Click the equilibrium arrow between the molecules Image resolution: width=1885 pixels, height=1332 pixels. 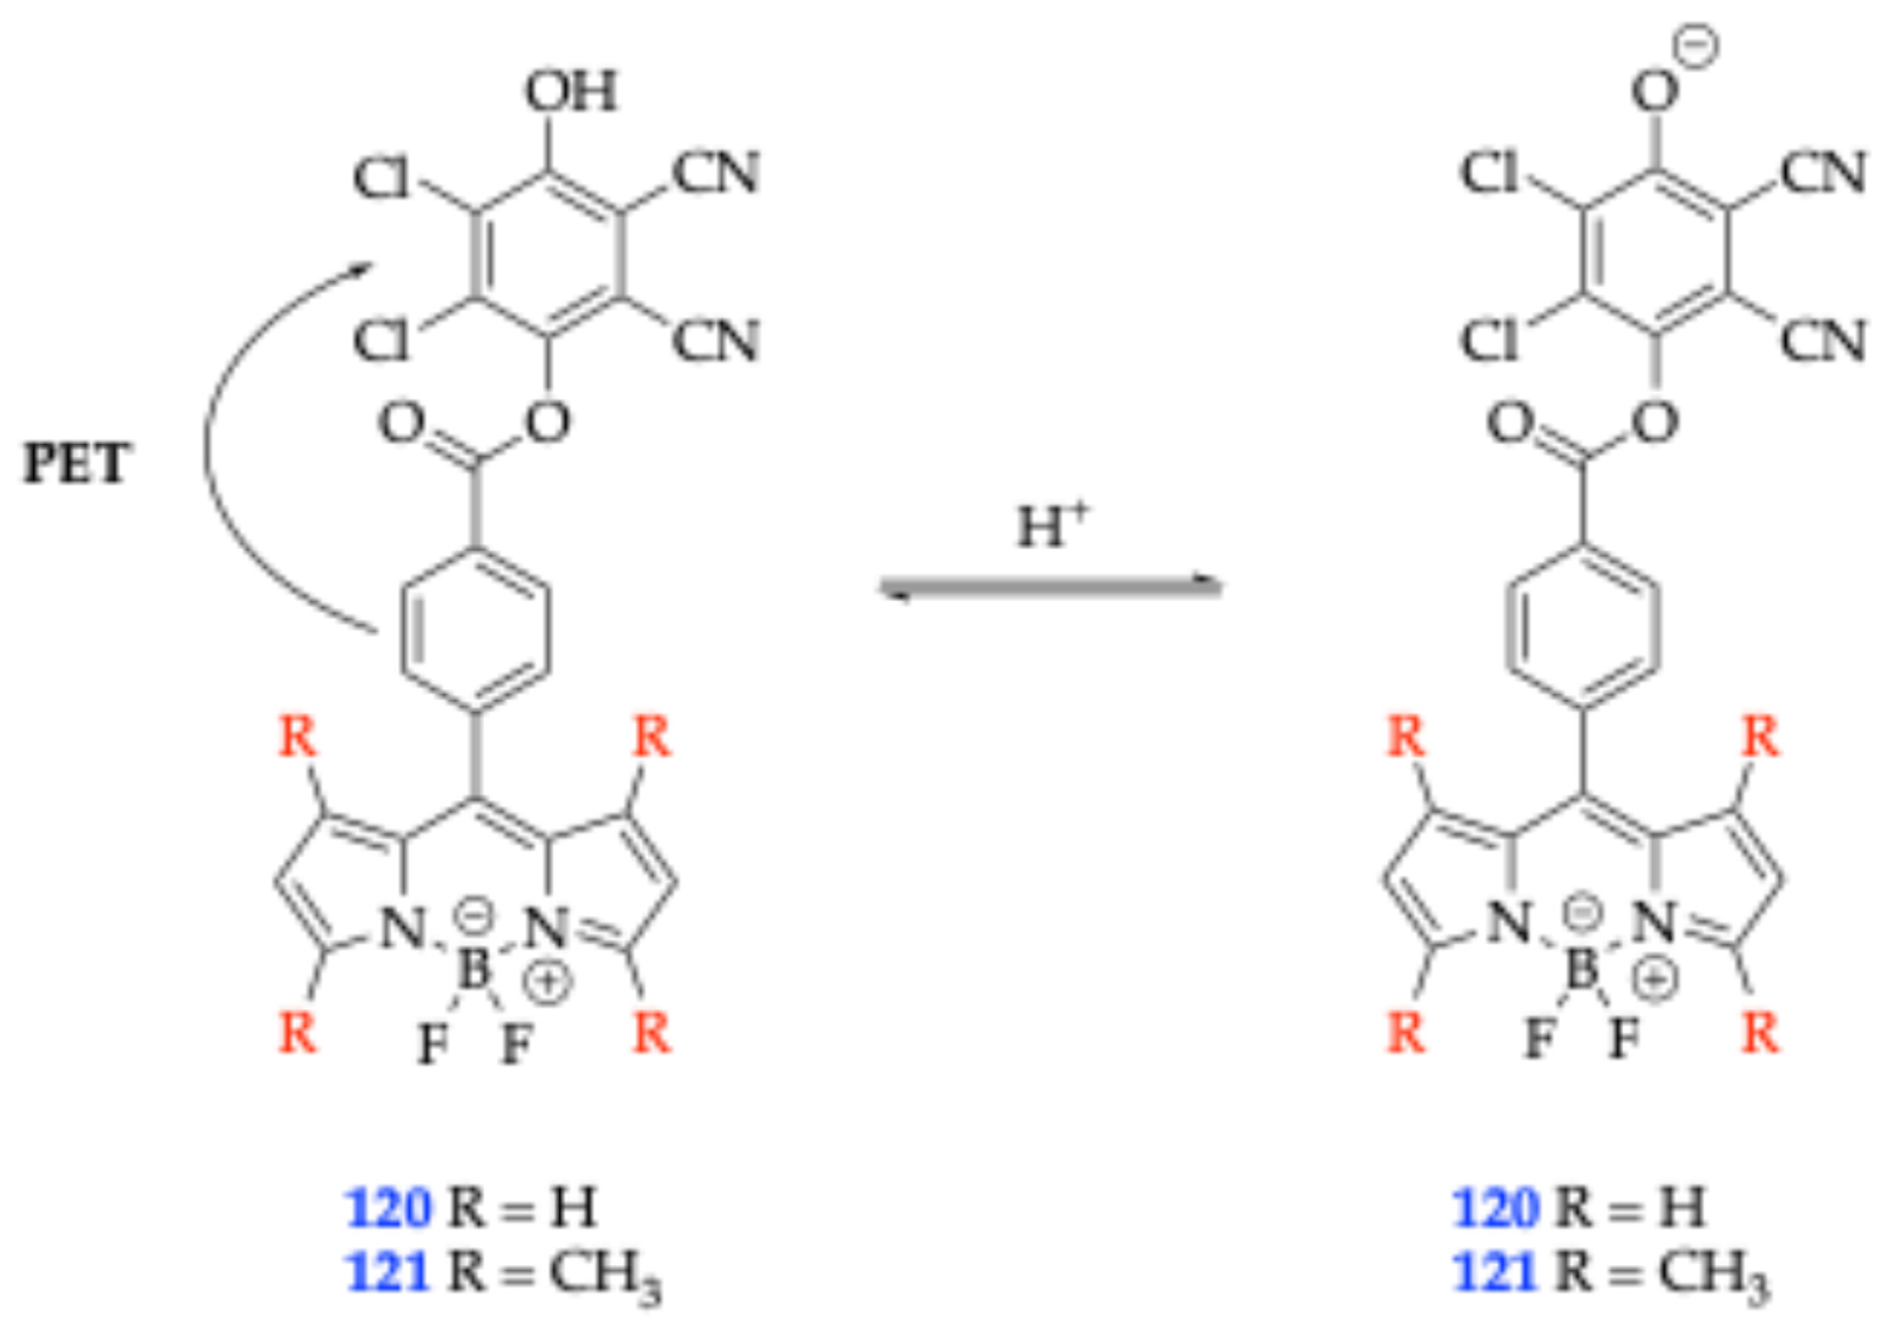(1050, 587)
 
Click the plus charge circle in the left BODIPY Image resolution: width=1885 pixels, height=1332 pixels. (547, 982)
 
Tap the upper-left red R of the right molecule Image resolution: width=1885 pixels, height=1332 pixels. (1405, 736)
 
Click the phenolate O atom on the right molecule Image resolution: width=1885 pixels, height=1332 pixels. (1654, 92)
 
